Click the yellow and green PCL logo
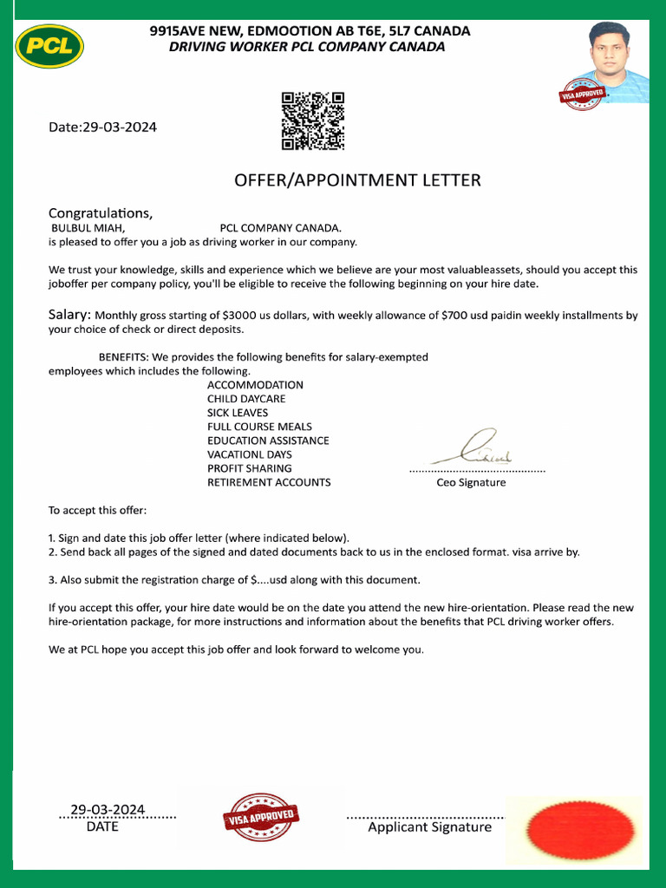(49, 46)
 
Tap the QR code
(313, 121)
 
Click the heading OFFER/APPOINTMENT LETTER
(357, 180)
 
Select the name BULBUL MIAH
(88, 228)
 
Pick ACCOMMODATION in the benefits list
(255, 385)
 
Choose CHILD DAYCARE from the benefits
(246, 399)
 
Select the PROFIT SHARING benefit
(250, 468)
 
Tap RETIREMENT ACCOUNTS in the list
(269, 482)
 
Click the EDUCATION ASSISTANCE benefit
(268, 441)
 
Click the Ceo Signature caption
(471, 482)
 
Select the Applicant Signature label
(429, 827)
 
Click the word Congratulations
(101, 212)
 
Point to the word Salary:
(69, 315)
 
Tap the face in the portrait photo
(609, 51)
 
